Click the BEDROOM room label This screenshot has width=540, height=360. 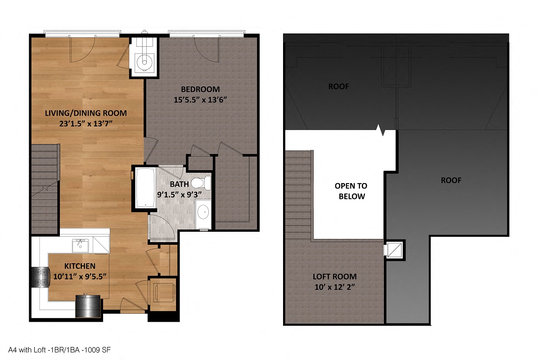click(200, 89)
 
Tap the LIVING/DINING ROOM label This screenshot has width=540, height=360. click(85, 113)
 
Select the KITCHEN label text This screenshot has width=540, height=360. click(79, 265)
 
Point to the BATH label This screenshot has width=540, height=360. click(179, 184)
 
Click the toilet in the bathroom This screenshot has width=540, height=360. click(201, 183)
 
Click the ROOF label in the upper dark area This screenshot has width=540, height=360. click(338, 86)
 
